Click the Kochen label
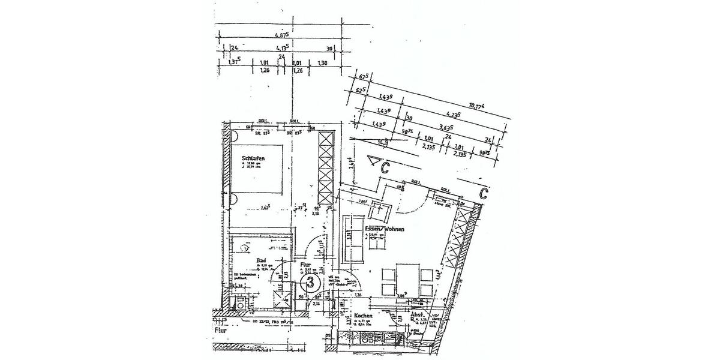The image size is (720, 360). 364,316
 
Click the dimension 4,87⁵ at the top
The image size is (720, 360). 282,35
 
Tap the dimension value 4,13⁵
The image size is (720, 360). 283,48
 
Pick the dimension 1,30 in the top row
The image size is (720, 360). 322,62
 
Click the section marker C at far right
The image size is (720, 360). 484,193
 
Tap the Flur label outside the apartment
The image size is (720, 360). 220,329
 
